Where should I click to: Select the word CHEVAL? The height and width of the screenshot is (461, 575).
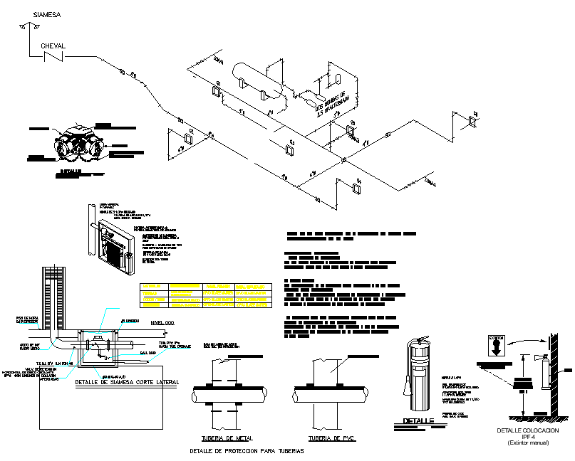point(53,46)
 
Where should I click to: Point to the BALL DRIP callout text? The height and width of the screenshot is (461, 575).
point(147,351)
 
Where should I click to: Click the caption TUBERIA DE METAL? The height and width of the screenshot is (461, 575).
point(227,438)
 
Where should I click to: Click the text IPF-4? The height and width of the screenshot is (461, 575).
point(528,438)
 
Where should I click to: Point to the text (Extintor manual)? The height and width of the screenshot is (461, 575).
point(528,444)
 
